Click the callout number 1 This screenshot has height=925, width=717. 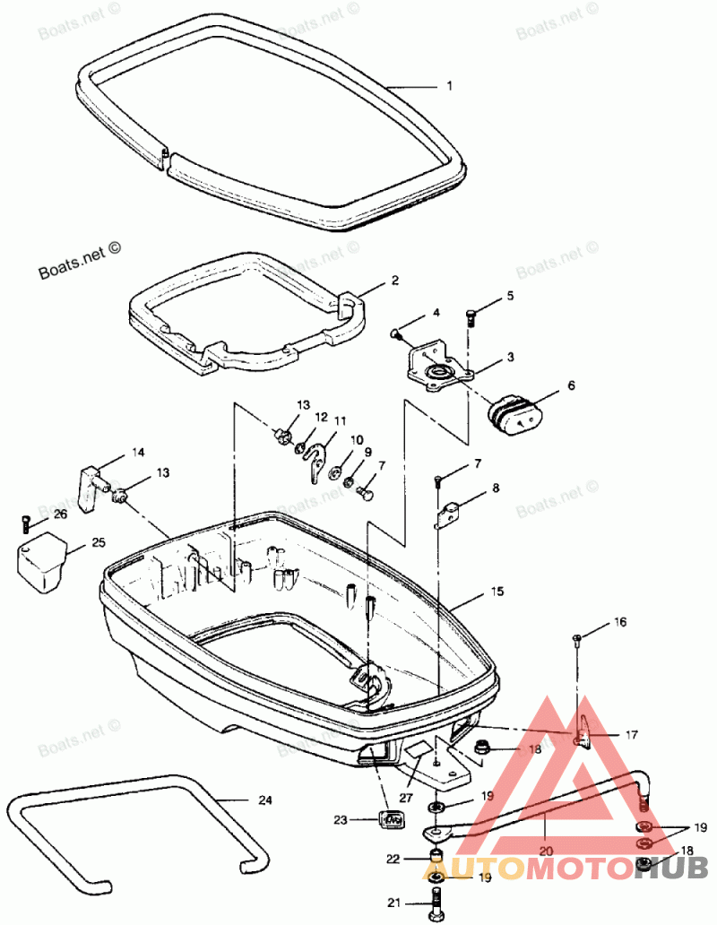[449, 87]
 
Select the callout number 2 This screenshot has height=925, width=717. [394, 281]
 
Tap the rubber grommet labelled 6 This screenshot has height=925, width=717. [514, 416]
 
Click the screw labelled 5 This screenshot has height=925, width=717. [473, 316]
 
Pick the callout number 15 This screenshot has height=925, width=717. [497, 592]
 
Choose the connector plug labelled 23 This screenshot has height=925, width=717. [391, 817]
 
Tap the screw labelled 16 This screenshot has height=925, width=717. [577, 639]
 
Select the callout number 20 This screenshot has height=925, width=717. [546, 852]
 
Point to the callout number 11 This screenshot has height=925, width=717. [340, 420]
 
